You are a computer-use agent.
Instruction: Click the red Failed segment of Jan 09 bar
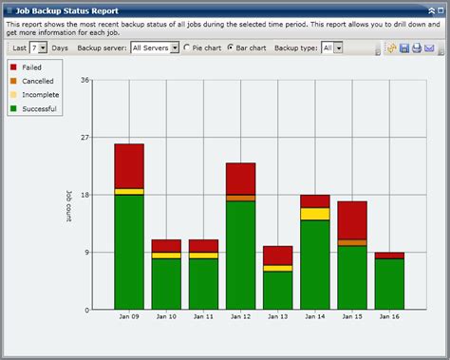128,166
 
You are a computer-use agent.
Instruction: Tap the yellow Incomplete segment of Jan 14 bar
314,214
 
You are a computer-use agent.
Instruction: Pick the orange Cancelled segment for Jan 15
352,242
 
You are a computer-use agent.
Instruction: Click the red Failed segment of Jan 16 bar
389,256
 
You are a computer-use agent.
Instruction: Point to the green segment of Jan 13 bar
277,290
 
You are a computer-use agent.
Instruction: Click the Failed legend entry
28,66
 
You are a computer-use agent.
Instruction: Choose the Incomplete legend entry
33,95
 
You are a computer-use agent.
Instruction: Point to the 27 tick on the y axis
85,138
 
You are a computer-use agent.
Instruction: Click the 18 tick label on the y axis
85,195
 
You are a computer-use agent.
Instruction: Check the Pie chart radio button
187,47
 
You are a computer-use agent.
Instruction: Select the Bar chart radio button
231,47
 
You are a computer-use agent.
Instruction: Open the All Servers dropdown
155,47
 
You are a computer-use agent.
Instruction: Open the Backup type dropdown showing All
331,47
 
